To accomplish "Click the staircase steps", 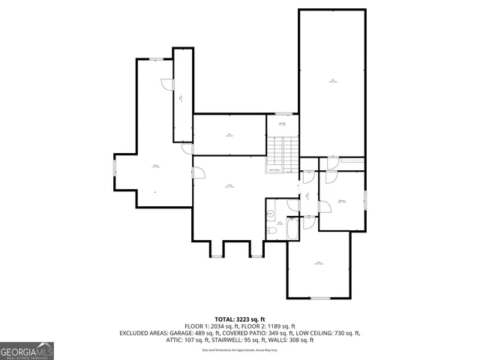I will [x=282, y=154].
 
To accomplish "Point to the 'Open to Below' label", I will [x=275, y=171].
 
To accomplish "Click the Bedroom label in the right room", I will [x=341, y=201].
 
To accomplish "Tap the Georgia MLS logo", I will [x=27, y=350].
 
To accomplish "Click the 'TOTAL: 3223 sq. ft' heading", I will [x=240, y=319].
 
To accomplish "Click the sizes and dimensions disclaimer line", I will [x=240, y=349].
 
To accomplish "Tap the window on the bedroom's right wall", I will [x=365, y=200].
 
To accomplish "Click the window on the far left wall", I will [x=115, y=166].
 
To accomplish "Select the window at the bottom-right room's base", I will [x=320, y=298].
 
